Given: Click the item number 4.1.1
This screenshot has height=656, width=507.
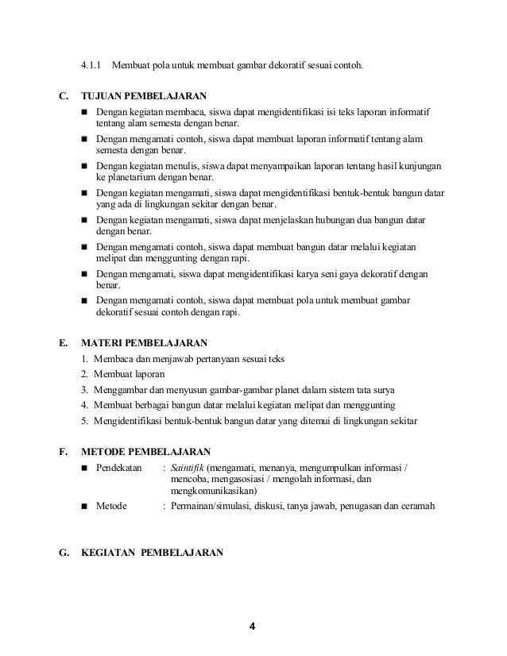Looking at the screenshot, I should [x=91, y=65].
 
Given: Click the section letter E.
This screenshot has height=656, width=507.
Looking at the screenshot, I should [x=64, y=343].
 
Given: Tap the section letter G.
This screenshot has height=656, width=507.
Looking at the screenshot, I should [x=64, y=552].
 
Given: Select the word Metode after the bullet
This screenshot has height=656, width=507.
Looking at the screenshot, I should [x=111, y=505].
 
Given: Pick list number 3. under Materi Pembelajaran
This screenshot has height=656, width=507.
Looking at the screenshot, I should [x=85, y=390].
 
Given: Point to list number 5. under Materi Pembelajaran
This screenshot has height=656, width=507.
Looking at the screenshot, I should [x=85, y=421].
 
